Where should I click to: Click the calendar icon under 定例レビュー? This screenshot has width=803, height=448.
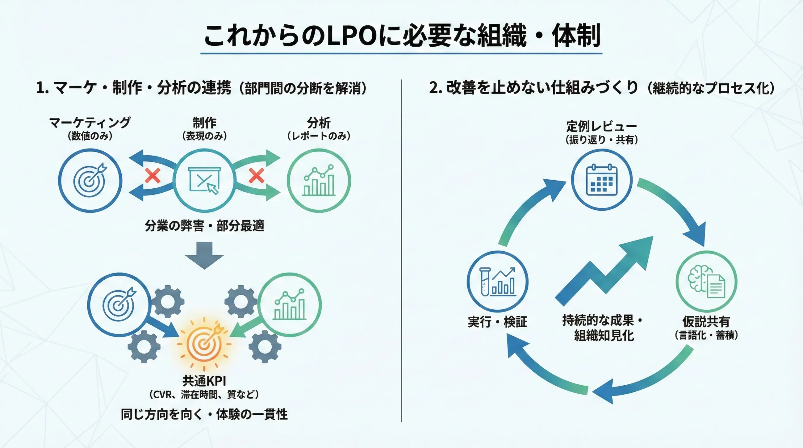tap(602, 180)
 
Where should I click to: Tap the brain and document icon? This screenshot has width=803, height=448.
tap(706, 282)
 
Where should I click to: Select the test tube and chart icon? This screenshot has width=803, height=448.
tap(497, 282)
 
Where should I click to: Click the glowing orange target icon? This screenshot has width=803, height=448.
tap(205, 344)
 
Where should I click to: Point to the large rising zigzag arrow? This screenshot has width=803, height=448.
tap(604, 271)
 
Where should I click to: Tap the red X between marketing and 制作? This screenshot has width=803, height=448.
tap(152, 176)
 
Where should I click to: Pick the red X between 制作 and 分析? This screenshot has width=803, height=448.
tap(256, 176)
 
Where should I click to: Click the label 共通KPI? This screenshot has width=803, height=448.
tap(204, 381)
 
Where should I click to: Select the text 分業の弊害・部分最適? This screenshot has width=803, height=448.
tap(204, 226)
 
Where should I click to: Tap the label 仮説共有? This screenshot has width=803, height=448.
tap(706, 322)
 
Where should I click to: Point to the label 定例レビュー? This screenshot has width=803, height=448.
tap(601, 127)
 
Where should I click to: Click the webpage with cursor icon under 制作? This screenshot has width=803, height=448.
tap(205, 180)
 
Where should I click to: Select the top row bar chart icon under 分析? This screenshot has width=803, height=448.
tap(319, 180)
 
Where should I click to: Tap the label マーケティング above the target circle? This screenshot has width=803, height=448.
tap(90, 123)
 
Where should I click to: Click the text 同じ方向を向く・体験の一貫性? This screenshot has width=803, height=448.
tap(204, 414)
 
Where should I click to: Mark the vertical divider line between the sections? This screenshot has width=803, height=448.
tap(401, 251)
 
